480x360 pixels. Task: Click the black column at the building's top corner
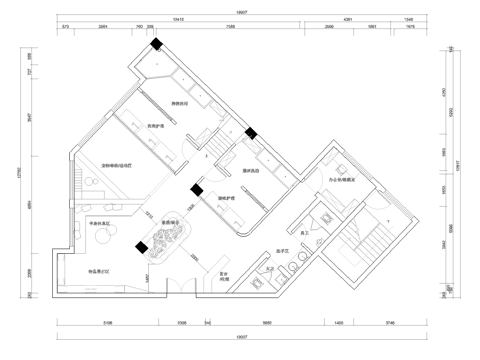[157, 42]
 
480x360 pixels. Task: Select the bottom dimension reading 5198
[107, 324]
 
